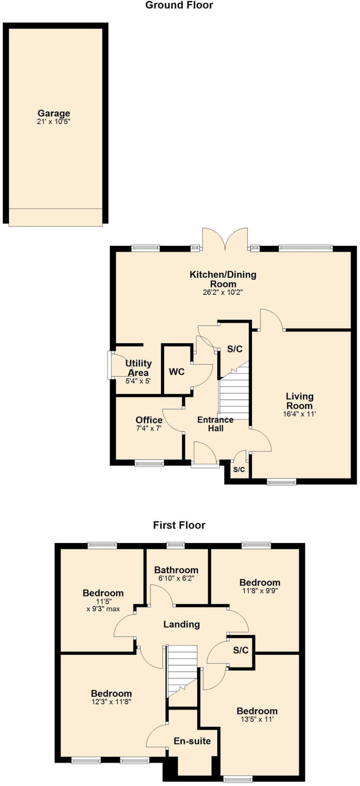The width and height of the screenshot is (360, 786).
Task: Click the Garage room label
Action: point(54,113)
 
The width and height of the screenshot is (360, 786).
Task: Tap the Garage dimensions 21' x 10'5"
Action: point(54,122)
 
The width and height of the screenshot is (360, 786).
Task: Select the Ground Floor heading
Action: point(179,5)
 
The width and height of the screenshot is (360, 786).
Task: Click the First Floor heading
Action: point(179,525)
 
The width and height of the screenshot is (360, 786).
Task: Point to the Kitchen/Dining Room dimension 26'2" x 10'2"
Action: point(223,292)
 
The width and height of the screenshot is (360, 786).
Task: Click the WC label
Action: point(177,372)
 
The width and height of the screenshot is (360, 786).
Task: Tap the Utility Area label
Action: point(139,368)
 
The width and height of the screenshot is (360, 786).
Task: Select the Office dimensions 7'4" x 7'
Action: point(149,428)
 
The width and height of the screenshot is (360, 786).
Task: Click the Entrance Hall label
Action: point(215,424)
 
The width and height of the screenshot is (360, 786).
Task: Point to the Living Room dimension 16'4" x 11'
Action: point(299,414)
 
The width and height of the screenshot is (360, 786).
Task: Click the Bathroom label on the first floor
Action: point(176,570)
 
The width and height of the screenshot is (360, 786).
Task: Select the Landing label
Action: point(182,624)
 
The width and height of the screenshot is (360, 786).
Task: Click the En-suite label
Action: point(192,741)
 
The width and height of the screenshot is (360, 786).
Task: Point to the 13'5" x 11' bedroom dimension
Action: point(257,719)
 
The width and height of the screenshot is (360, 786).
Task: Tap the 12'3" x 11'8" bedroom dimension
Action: point(111,702)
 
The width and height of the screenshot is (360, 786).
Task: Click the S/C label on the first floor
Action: point(241,650)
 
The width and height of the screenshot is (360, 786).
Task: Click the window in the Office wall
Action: point(149,463)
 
